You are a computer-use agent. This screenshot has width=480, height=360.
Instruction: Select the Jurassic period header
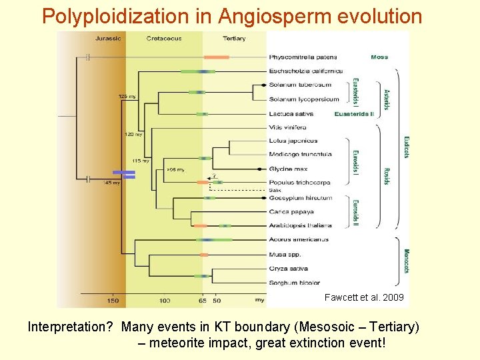107,38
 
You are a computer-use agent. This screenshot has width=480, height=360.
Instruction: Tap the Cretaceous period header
164,38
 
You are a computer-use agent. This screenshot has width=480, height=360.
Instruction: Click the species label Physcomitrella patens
303,57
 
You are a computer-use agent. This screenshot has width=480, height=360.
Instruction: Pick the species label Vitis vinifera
287,127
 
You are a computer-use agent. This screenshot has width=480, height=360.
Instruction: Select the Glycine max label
288,169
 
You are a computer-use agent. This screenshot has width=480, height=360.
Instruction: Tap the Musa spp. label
285,255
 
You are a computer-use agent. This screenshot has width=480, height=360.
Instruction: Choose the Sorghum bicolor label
295,283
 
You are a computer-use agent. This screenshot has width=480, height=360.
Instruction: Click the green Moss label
379,57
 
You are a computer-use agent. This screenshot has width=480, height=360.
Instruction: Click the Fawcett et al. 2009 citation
363,297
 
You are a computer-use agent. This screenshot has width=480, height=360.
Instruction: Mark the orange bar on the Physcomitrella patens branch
216,57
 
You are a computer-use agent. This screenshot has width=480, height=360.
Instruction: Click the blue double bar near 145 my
124,174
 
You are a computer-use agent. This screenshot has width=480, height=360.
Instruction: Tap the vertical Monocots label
405,261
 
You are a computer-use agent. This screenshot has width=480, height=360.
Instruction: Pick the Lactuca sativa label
291,113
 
